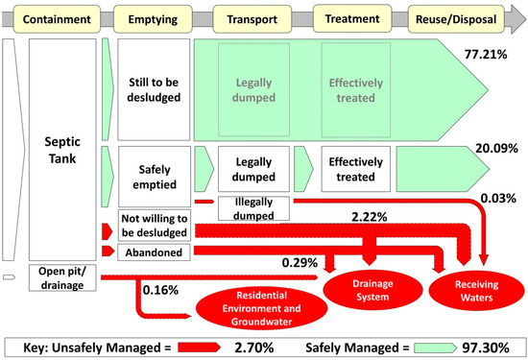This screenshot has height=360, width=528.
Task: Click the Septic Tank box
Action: [64, 150]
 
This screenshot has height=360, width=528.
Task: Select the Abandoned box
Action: [154, 252]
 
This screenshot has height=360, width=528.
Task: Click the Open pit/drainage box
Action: [64, 275]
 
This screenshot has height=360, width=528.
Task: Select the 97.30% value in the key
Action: [480, 343]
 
